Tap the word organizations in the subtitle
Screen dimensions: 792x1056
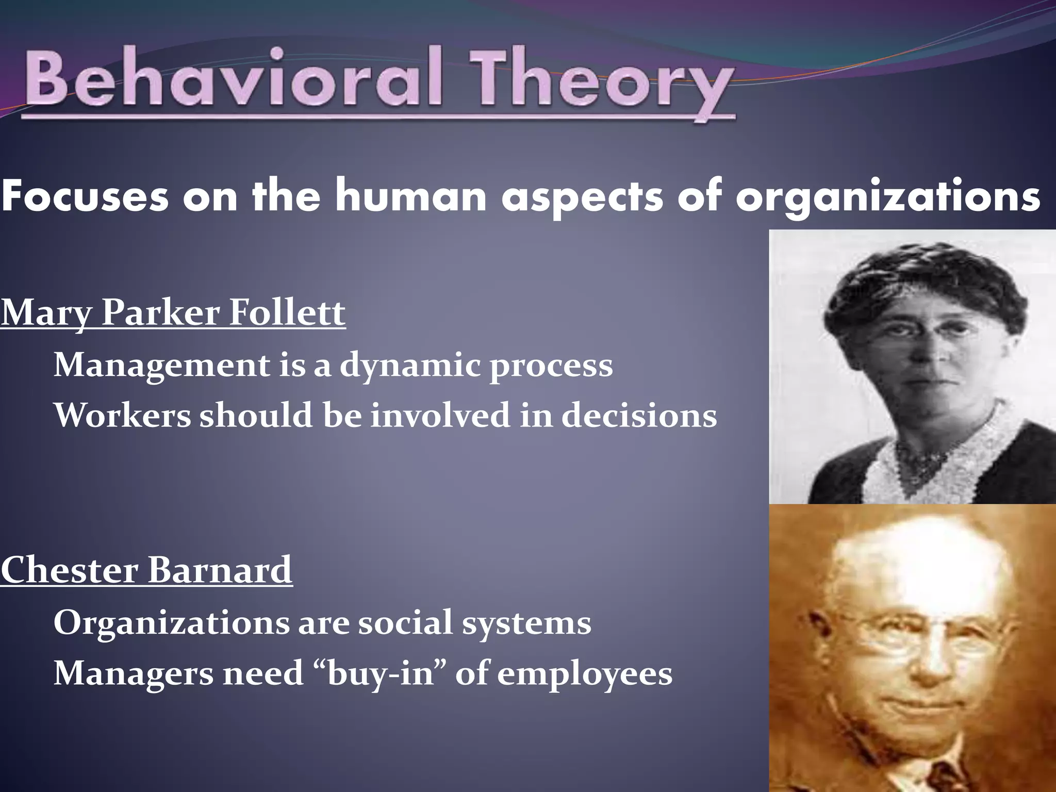pyautogui.click(x=887, y=197)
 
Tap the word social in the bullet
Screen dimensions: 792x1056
pyautogui.click(x=405, y=622)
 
